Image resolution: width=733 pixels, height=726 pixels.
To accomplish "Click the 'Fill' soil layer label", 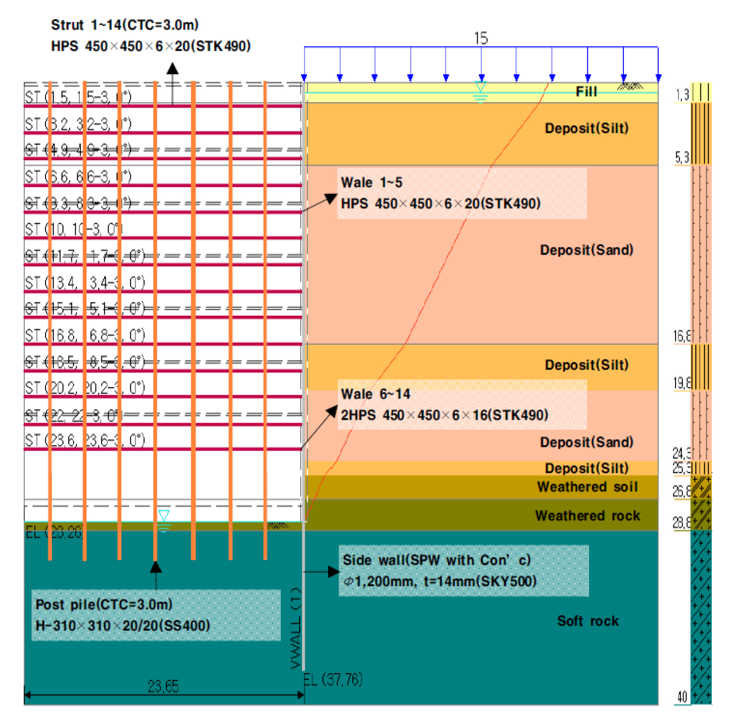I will [x=586, y=92].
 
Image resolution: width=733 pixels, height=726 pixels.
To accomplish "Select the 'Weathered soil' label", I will [x=587, y=487].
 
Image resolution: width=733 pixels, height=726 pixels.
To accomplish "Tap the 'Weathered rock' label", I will [x=587, y=516].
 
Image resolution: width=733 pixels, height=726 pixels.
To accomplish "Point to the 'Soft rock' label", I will [x=587, y=621].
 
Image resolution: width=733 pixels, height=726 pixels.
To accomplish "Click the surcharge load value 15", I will [x=481, y=38].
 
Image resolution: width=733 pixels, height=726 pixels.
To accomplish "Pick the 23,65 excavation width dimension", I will [x=163, y=686].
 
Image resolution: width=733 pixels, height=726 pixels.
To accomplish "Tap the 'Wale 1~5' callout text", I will [x=372, y=183].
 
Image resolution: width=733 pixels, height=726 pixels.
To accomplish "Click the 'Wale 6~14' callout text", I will [x=375, y=394].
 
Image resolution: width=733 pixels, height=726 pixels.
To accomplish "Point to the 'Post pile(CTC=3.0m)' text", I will [x=104, y=605].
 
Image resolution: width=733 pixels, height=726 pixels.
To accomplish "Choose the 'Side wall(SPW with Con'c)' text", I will [x=436, y=560].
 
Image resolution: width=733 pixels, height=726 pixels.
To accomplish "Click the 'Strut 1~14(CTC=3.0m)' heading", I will [x=125, y=25].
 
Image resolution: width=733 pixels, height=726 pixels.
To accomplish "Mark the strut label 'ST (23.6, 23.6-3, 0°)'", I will [x=85, y=440].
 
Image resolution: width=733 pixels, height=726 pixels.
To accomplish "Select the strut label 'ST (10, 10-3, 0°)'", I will [x=73, y=229].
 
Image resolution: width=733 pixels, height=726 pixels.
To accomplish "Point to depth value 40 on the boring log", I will [x=682, y=697].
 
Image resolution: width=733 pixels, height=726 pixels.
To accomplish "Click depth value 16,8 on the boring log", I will [x=682, y=336].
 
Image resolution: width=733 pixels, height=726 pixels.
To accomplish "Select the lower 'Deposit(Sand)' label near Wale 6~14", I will [x=586, y=442].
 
